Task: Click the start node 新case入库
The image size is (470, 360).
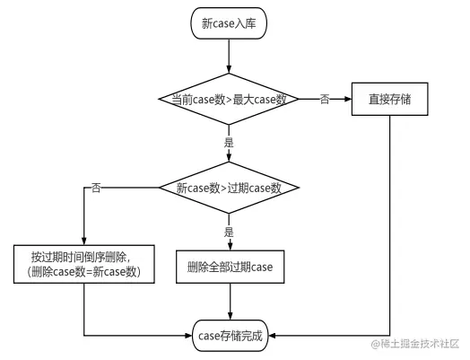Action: [x=230, y=25]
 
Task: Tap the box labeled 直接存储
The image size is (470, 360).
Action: [x=389, y=99]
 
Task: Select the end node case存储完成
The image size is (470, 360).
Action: [x=230, y=336]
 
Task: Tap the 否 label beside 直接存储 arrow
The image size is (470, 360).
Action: [x=324, y=99]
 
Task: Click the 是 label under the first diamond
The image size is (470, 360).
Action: [x=229, y=143]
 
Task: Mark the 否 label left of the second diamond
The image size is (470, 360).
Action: [x=96, y=189]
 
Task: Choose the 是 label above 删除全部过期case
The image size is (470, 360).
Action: [x=229, y=232]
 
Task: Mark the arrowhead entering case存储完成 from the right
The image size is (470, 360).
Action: [x=272, y=336]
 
